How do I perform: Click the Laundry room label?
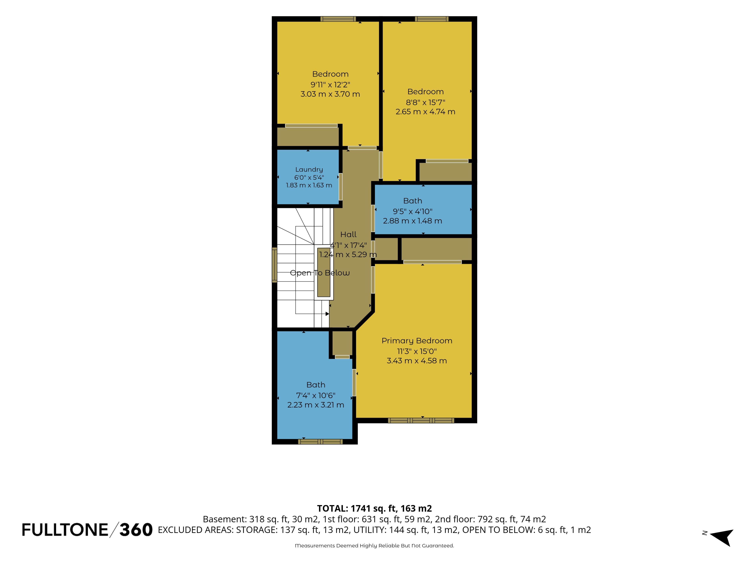click(x=309, y=169)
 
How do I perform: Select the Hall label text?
click(x=348, y=234)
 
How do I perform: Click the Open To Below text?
click(x=320, y=273)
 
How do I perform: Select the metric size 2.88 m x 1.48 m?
click(x=412, y=221)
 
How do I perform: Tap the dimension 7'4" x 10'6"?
click(x=316, y=395)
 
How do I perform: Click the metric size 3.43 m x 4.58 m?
click(x=417, y=361)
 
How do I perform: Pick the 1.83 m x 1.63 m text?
click(x=309, y=185)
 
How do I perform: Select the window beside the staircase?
click(x=275, y=265)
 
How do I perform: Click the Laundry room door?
click(x=341, y=187)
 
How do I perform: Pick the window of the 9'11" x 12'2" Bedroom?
click(x=338, y=19)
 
